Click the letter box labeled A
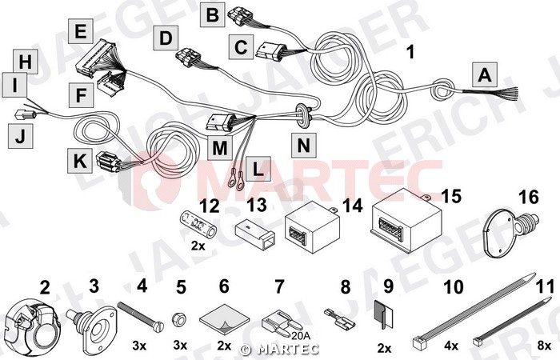(x=484, y=75)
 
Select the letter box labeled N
(x=303, y=146)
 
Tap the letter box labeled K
(x=80, y=161)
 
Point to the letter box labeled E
(x=81, y=31)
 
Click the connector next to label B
(x=241, y=17)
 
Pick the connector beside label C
(x=271, y=50)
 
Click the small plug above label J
(x=26, y=115)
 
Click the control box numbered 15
(x=406, y=220)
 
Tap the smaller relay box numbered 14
(x=312, y=226)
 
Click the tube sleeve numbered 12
(x=198, y=225)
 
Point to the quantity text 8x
(x=544, y=346)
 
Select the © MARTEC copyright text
(x=279, y=349)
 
